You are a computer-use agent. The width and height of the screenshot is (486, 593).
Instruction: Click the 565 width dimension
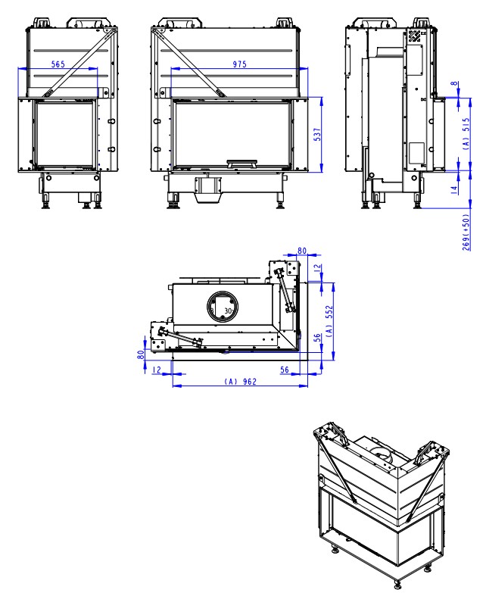(58, 64)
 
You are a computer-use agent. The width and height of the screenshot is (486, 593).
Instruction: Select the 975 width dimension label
(240, 64)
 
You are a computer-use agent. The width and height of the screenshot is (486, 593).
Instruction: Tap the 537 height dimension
(317, 135)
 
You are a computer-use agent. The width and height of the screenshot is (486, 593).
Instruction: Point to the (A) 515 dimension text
(467, 133)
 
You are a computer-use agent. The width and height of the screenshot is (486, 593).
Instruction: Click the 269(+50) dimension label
(467, 233)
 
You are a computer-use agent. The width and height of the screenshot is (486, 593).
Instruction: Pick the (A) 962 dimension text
(241, 382)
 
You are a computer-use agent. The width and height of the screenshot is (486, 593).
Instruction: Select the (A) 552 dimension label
(330, 320)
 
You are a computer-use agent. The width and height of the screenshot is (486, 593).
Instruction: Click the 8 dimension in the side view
(455, 83)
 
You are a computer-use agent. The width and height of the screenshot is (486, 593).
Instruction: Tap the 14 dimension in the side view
(454, 189)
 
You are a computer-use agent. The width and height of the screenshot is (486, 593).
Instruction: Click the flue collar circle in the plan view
(223, 307)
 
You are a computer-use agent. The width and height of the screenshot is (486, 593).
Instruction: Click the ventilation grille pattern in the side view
(414, 36)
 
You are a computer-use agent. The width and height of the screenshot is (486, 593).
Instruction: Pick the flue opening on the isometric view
(380, 453)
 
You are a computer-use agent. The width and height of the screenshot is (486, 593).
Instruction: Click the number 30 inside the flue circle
(228, 311)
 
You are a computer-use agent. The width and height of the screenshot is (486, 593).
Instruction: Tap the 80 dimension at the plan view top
(302, 251)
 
